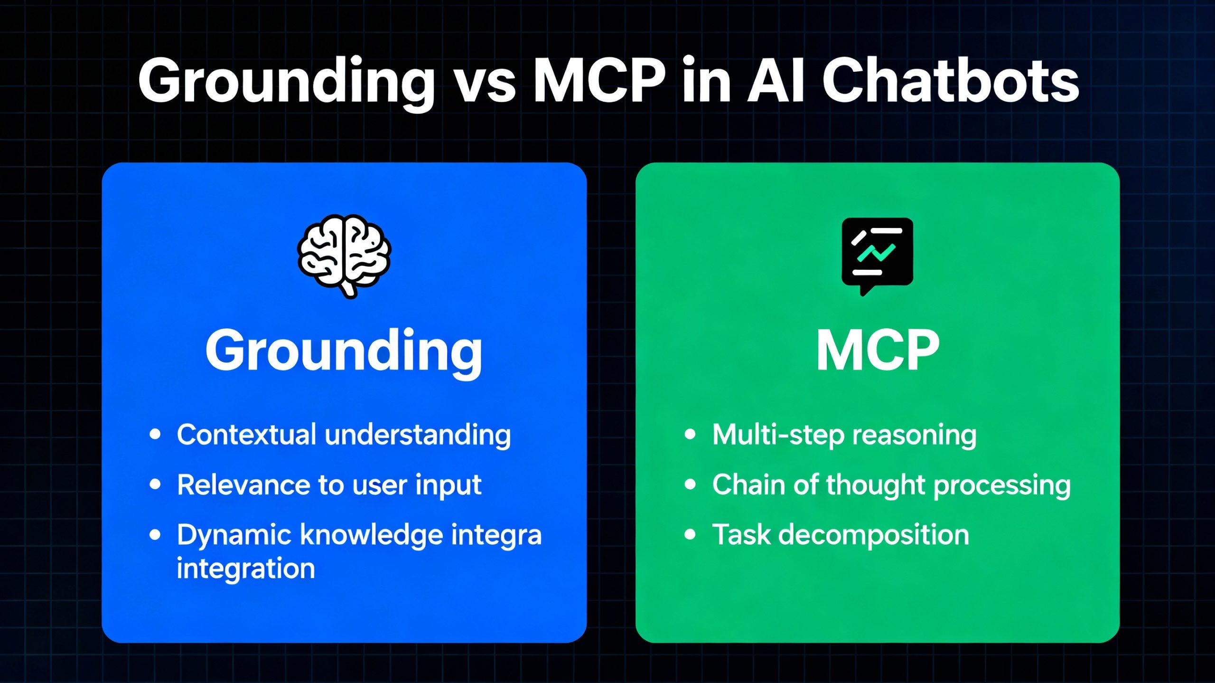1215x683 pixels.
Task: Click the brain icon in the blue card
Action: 344,255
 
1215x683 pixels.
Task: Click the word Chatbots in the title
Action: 950,82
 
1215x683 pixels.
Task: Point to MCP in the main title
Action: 599,82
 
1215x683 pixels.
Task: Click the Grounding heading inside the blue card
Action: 344,351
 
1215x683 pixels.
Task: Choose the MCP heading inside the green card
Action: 877,351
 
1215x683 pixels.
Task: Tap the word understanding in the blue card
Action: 418,435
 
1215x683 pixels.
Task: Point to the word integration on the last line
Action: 246,568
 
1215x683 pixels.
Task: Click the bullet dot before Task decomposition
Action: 690,535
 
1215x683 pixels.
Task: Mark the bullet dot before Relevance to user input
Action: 155,484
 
